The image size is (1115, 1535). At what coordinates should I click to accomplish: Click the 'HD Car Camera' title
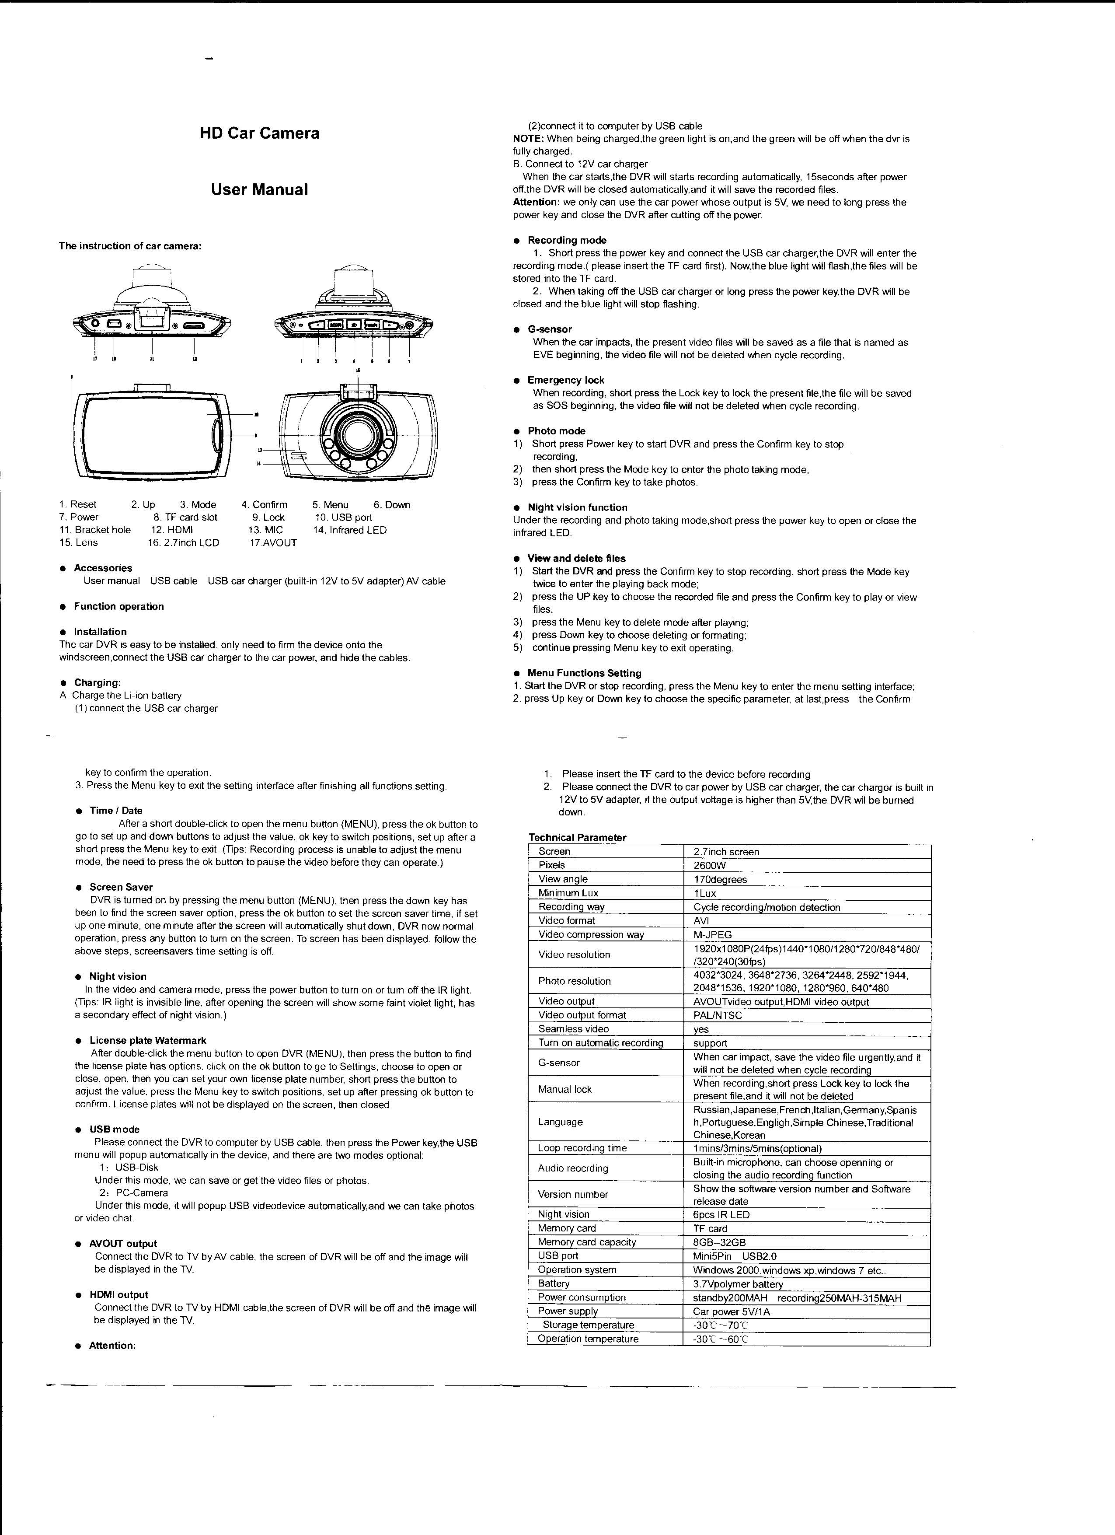(259, 133)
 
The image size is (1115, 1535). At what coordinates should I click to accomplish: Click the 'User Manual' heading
(259, 189)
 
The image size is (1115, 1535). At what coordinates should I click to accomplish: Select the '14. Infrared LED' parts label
(350, 530)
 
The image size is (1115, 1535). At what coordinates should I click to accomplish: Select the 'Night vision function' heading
(577, 507)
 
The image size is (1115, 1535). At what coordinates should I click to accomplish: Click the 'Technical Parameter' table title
(577, 837)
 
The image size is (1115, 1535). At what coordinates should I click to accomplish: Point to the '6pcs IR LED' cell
(721, 1215)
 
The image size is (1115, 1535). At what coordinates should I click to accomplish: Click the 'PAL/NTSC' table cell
(717, 1015)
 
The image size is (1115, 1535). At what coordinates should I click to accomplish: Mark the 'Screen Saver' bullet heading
(121, 887)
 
